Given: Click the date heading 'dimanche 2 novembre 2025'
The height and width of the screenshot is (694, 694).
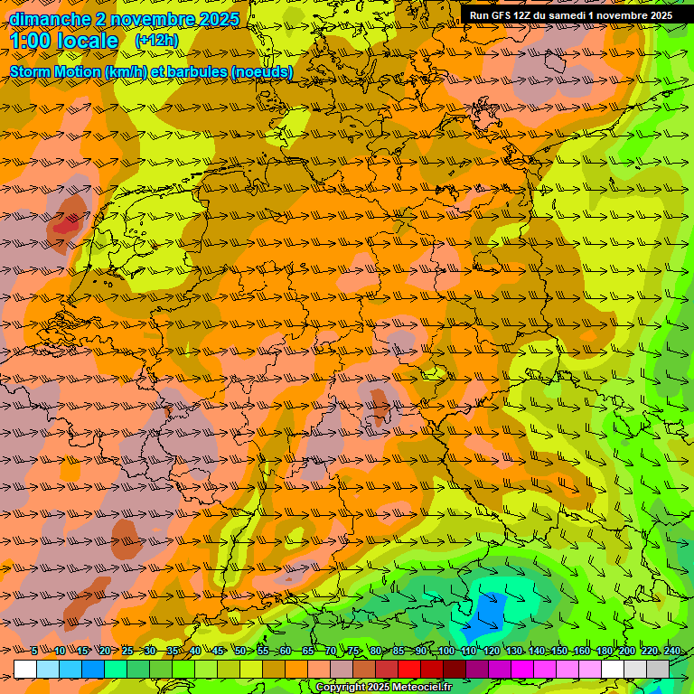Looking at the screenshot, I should coord(124,19).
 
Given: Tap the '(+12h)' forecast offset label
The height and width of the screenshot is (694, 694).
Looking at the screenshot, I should coord(156,41).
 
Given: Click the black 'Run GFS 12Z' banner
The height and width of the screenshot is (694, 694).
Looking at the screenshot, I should coord(570,15).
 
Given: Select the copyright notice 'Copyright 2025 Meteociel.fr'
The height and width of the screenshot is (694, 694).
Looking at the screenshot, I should coord(383,687).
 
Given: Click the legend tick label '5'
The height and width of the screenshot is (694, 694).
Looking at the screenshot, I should coord(34,651).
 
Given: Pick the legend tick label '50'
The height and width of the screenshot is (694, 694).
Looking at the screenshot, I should coord(239,651).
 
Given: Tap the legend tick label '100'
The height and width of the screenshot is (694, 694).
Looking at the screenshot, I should coord(446,651).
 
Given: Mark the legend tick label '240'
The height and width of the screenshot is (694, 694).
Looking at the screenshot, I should coord(671,651).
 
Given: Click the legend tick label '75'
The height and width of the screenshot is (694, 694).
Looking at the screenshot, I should coord(353,651).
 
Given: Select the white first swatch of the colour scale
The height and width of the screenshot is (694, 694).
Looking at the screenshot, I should coord(25,669).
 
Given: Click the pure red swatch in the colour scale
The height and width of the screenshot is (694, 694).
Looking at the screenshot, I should coord(409,669).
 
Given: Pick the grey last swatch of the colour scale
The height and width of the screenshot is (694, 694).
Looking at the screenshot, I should coord(658,669).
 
